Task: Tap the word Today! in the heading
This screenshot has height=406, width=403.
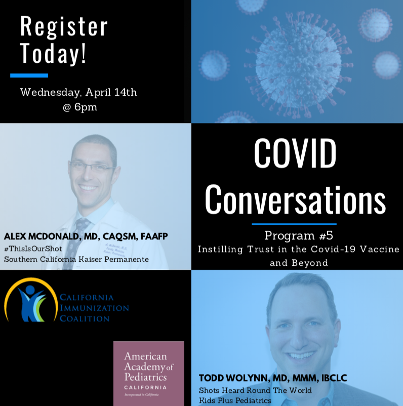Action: [x=53, y=54]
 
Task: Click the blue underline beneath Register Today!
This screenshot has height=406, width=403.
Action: [x=29, y=75]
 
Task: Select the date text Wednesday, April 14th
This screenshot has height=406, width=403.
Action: [x=78, y=93]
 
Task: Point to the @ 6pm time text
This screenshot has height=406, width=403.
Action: [x=80, y=107]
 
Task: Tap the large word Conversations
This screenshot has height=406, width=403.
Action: [x=296, y=199]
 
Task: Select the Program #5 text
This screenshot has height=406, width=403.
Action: [x=299, y=235]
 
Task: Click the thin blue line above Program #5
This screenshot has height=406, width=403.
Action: [x=294, y=224]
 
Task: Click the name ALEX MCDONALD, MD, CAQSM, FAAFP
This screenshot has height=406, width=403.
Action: [x=86, y=236]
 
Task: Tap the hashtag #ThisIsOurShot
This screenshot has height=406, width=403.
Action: [x=33, y=249]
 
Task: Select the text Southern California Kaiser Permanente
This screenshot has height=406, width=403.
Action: [x=76, y=259]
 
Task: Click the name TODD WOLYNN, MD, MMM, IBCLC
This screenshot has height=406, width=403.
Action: [x=273, y=378]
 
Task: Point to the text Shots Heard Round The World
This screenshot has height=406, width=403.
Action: [x=255, y=390]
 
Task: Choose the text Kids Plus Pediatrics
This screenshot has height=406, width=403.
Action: [x=235, y=400]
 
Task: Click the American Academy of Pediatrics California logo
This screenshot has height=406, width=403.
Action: [x=149, y=374]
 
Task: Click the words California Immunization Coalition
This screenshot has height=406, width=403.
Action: [x=94, y=308]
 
